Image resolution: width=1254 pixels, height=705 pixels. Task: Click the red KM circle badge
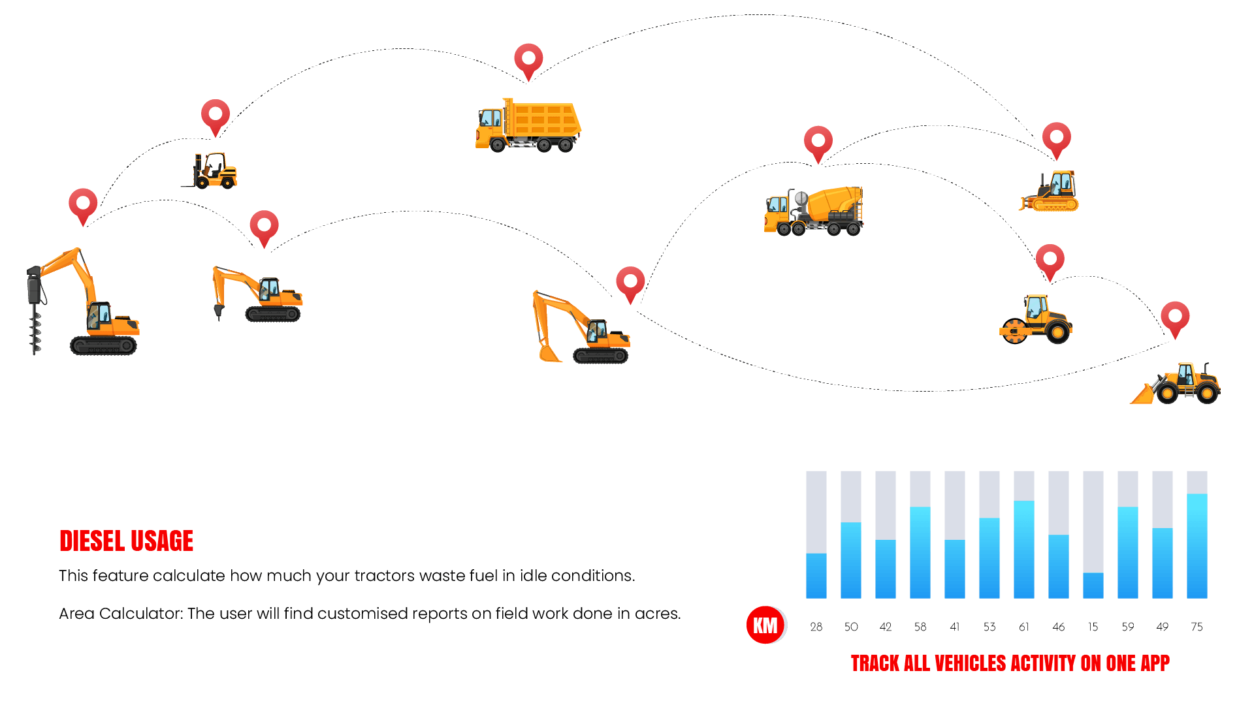(765, 625)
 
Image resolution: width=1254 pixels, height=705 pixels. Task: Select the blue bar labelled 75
(1197, 546)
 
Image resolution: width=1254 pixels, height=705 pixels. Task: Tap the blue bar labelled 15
(1093, 586)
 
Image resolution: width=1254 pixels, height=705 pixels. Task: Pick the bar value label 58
(920, 627)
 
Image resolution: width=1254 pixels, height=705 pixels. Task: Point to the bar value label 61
(1023, 627)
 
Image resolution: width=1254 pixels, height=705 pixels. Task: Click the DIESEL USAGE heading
(126, 540)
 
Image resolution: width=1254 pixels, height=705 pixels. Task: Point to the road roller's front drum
(1014, 331)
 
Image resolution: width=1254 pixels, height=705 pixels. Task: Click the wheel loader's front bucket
(1142, 394)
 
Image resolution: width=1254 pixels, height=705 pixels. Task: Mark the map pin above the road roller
(1050, 259)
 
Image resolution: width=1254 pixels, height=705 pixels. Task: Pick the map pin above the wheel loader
(1175, 317)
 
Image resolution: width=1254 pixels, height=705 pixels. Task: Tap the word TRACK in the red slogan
(875, 663)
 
